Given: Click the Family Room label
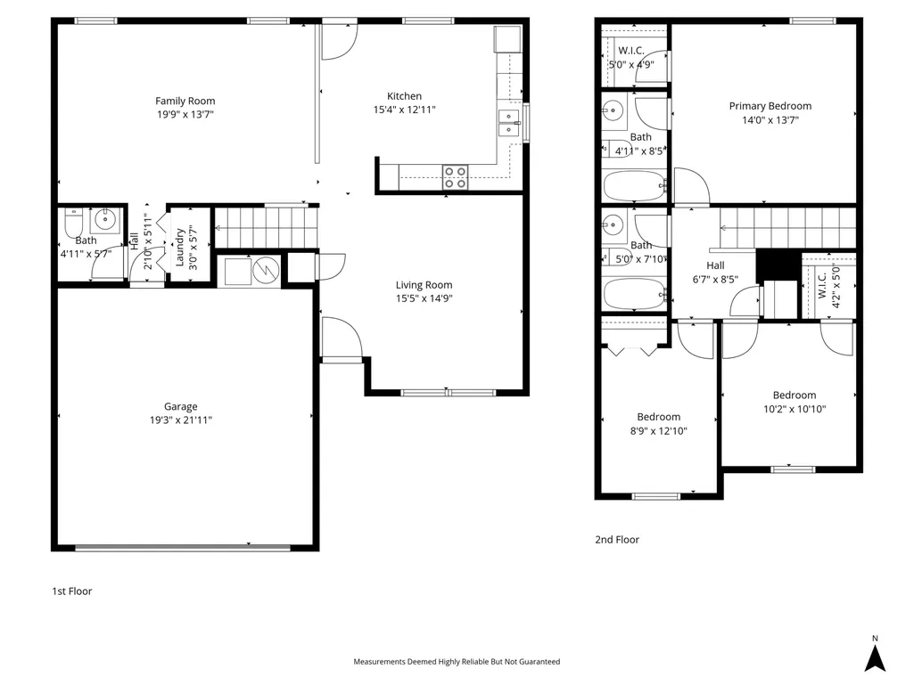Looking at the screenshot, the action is (x=185, y=101).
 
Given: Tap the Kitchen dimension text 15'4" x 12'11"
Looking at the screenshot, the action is (x=404, y=110).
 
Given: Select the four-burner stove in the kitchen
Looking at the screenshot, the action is (x=455, y=177).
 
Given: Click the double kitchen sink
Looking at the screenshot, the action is (x=508, y=122).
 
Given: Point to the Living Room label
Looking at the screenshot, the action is (x=424, y=285).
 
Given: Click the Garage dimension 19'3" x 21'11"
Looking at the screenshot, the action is (x=181, y=420).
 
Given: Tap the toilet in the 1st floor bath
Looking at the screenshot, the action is (x=73, y=222).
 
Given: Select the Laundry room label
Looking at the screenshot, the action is (x=179, y=248).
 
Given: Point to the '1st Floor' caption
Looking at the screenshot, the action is (x=72, y=591).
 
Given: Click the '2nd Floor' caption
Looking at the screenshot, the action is (x=617, y=540).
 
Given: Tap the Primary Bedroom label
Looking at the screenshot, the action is (x=770, y=106).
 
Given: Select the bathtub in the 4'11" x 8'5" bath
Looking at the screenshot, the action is (x=634, y=186).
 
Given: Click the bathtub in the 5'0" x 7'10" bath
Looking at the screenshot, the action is (x=634, y=294).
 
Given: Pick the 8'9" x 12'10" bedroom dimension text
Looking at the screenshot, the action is (x=659, y=431).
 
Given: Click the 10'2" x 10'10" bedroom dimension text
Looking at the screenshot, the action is (x=795, y=409).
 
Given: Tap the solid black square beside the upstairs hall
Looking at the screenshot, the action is (x=778, y=265).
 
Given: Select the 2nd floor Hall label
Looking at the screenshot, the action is (x=715, y=265).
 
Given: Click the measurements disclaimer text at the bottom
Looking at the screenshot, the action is (x=457, y=662).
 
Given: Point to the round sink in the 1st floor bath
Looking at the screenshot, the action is (x=105, y=220).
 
